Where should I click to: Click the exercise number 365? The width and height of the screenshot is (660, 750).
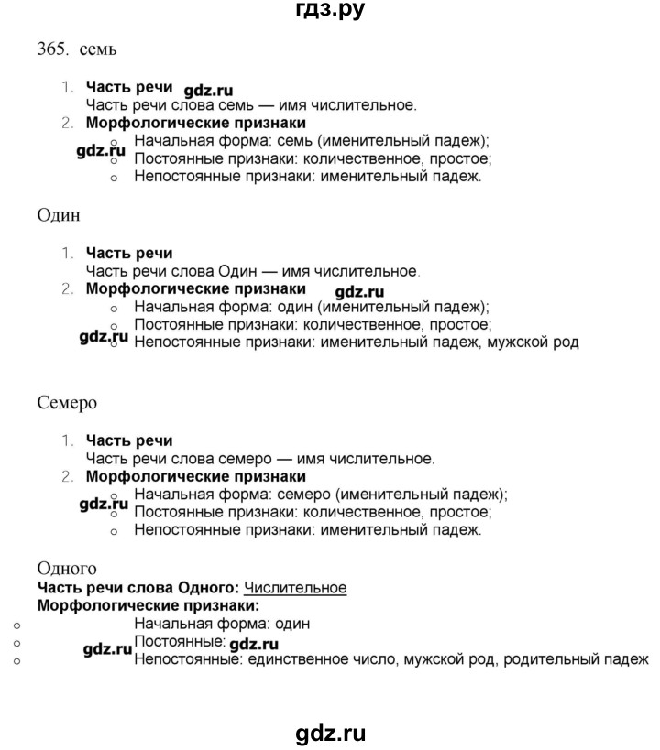(x=51, y=49)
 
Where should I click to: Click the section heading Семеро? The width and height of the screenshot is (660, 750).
(x=67, y=402)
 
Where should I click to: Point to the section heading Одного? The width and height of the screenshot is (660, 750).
(x=66, y=569)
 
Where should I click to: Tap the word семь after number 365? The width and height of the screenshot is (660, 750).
(x=98, y=49)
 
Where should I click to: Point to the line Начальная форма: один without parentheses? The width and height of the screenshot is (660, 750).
(x=221, y=624)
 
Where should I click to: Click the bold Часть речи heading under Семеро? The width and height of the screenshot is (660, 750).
(x=129, y=441)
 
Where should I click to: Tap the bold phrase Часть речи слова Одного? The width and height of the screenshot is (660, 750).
(x=138, y=587)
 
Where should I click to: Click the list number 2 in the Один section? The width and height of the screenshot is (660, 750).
(x=66, y=289)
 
